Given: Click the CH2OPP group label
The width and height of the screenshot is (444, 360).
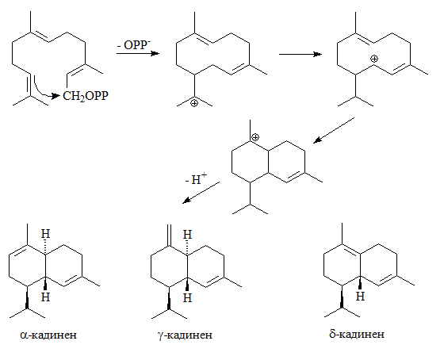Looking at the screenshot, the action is (x=86, y=96).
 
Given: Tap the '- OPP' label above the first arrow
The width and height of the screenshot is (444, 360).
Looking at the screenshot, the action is (x=134, y=45).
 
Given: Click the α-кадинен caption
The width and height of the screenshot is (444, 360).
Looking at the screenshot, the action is (x=48, y=335).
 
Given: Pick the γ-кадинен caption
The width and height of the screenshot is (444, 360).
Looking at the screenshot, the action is (x=185, y=335).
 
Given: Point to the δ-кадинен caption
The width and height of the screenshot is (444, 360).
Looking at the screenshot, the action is (x=357, y=334).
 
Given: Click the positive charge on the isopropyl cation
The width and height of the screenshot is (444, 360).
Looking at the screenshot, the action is (x=194, y=103).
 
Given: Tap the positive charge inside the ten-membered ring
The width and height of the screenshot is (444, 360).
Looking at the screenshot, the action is (x=374, y=59).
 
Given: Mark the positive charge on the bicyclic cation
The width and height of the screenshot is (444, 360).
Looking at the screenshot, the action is (x=255, y=137).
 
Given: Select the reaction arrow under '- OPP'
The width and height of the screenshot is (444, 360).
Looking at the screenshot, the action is (x=138, y=53).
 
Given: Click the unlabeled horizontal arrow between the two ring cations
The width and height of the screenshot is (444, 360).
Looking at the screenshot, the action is (x=300, y=54).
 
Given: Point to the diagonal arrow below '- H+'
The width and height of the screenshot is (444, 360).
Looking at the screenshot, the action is (x=201, y=193).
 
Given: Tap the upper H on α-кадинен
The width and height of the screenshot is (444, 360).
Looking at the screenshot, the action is (x=45, y=234).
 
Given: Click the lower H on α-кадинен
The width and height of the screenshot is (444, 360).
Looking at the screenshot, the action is (x=45, y=297).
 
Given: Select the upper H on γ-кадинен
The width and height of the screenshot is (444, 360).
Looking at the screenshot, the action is (x=187, y=235).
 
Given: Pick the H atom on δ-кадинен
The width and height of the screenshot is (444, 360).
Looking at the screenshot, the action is (x=360, y=297).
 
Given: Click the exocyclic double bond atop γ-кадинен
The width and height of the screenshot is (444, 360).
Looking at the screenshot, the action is (x=170, y=235).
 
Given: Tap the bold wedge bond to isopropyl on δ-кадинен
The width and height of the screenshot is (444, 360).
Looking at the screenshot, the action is (x=342, y=296).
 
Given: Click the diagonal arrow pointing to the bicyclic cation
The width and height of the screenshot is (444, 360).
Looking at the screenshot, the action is (x=334, y=130).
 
